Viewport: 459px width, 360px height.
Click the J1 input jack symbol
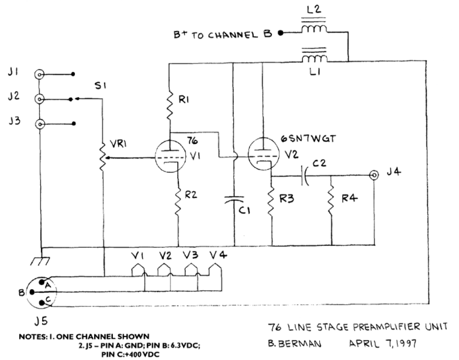coord(40,75)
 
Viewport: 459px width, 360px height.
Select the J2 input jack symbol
coord(40,99)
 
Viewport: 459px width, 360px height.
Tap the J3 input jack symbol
coord(40,124)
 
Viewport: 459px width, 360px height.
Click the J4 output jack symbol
coord(374,175)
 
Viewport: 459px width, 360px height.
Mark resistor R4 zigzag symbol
coord(331,201)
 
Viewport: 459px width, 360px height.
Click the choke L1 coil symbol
coord(314,58)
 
